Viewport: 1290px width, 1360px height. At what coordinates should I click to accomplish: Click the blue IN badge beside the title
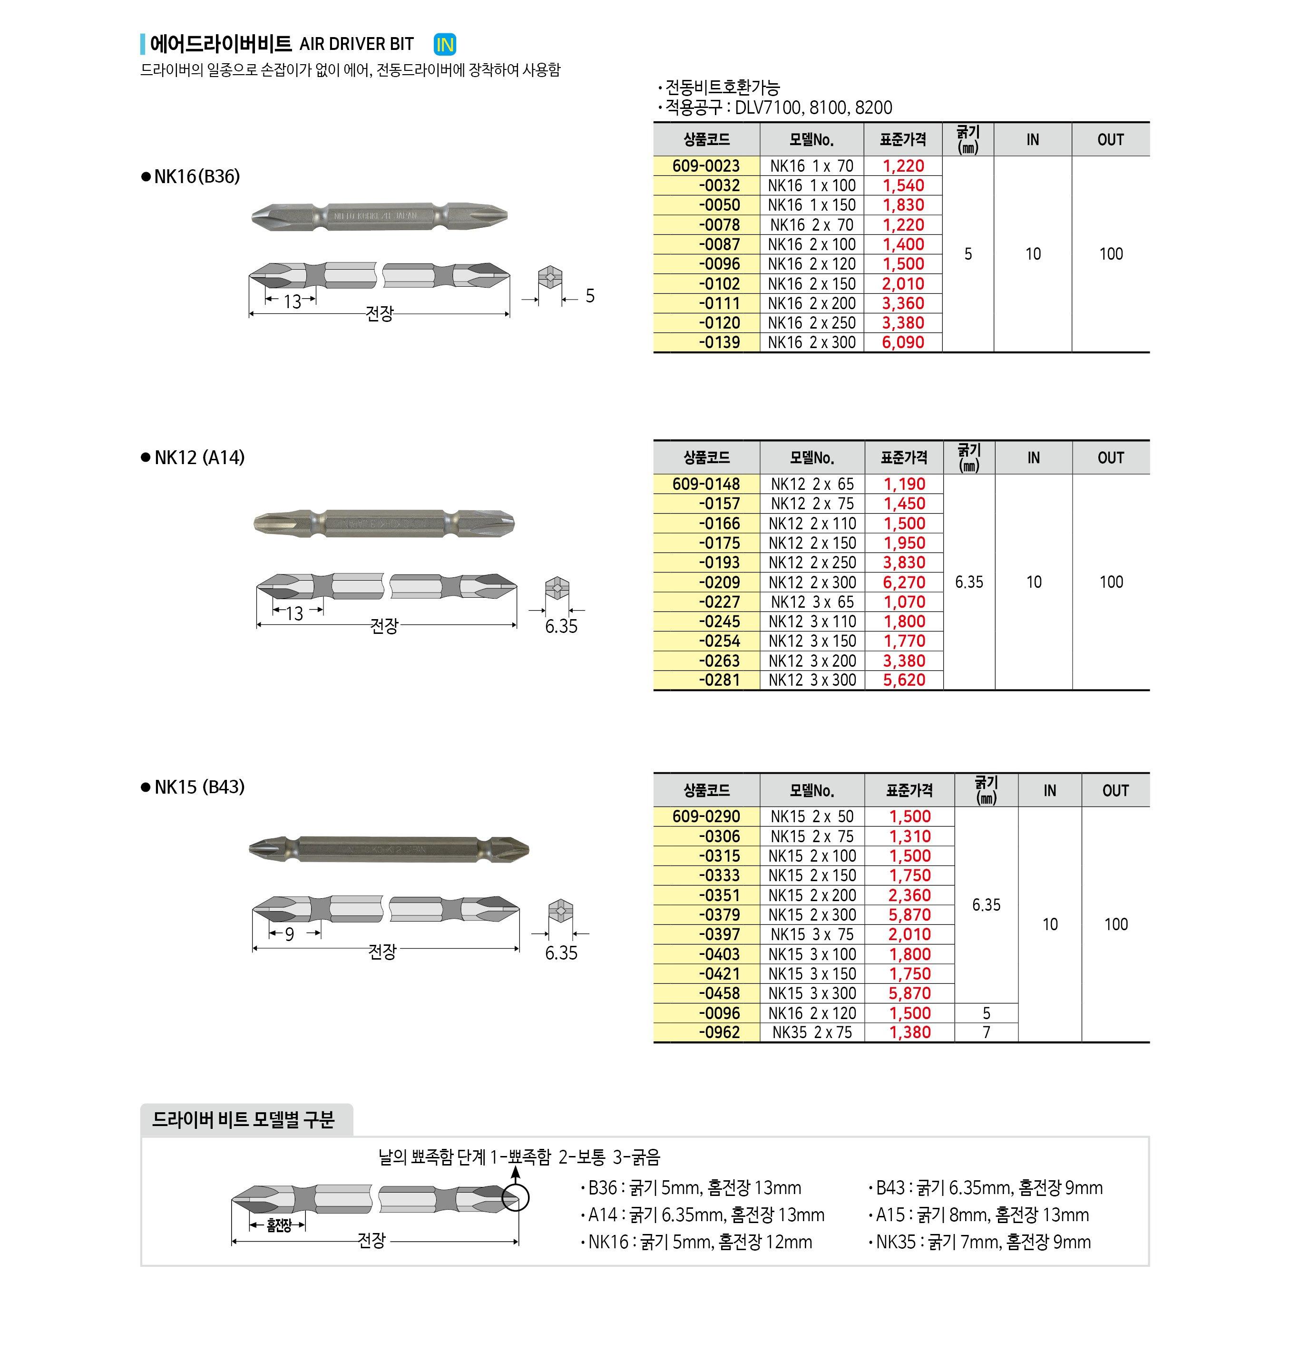(445, 45)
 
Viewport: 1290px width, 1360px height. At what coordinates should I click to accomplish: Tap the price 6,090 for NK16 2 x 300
(903, 342)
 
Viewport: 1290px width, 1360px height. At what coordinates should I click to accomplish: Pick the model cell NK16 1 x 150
(811, 205)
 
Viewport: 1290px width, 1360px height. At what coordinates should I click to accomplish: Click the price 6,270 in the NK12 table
(904, 583)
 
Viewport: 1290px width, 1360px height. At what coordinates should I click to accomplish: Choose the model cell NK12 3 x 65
(812, 602)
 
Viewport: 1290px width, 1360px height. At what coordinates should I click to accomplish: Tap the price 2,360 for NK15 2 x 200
(909, 895)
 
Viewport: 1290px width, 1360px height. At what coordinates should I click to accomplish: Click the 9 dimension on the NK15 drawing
(290, 934)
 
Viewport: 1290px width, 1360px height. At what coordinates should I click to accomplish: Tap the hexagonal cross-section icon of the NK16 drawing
(549, 277)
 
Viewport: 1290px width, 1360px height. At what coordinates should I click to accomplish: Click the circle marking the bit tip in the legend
(515, 1198)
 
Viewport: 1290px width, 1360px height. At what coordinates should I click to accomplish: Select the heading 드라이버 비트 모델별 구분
(243, 1120)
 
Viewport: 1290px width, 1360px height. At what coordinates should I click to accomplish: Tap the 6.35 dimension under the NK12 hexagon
(561, 626)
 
